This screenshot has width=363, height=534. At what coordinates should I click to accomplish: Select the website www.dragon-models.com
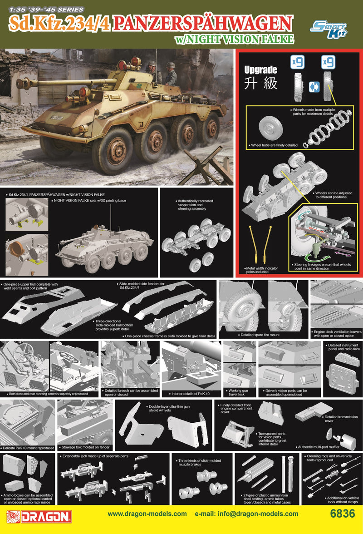click(147, 514)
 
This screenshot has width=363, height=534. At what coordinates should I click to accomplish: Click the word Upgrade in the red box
click(260, 70)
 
